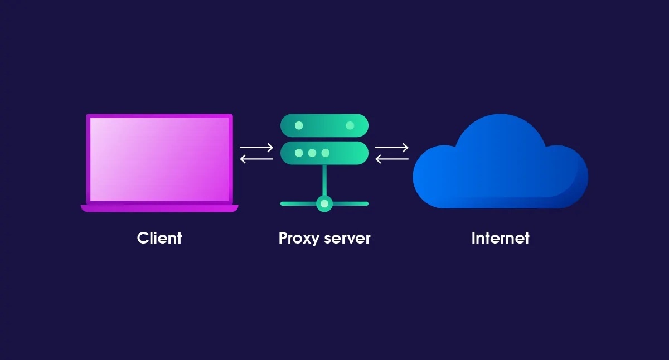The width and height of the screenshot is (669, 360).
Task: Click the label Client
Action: pos(159,238)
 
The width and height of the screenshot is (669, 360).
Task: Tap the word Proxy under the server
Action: pos(299,239)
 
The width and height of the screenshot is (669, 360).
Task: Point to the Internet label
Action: pos(500,238)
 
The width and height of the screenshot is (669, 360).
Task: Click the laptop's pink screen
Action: pos(159,159)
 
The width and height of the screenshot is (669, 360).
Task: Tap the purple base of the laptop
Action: pos(159,208)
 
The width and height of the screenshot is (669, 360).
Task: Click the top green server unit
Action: pos(324,125)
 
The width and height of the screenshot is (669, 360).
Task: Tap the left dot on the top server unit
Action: pos(299,125)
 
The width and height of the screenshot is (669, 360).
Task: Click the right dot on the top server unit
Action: pos(350,125)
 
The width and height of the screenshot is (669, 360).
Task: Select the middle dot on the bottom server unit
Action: pos(312,153)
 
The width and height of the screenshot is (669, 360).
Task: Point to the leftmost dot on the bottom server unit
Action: pos(299,153)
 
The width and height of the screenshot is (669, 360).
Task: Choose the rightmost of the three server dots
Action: pos(326,153)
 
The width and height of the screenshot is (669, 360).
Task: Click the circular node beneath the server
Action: pos(324,203)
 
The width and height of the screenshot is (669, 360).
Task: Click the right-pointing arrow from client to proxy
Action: pos(256,148)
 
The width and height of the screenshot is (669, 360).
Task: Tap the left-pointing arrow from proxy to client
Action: pos(256,159)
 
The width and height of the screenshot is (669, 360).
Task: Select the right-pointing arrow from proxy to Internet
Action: pos(392,148)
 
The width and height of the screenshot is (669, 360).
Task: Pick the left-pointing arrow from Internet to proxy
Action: pos(392,159)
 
